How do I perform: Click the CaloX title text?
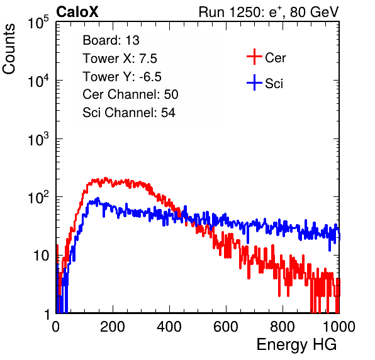pos(77,12)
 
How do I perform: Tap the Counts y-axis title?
pos(9,49)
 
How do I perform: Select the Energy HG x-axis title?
pos(296,345)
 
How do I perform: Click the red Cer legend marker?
pos(254,57)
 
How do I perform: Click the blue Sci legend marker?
pos(254,83)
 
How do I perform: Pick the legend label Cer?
pos(275,58)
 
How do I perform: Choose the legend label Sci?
pos(274,84)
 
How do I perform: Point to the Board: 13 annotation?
pos(111,40)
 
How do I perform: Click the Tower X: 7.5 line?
pos(120,59)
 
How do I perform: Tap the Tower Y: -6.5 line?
pos(122,77)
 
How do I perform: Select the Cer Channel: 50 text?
pos(130,94)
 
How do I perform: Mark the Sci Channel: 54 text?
pos(129,113)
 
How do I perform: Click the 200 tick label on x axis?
pos(113,327)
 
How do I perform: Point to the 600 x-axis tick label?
pos(226,327)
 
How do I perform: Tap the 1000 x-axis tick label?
pos(339,327)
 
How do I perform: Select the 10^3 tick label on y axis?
pos(38,139)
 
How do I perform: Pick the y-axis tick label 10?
pos(42,256)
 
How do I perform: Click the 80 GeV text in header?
pos(314,12)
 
